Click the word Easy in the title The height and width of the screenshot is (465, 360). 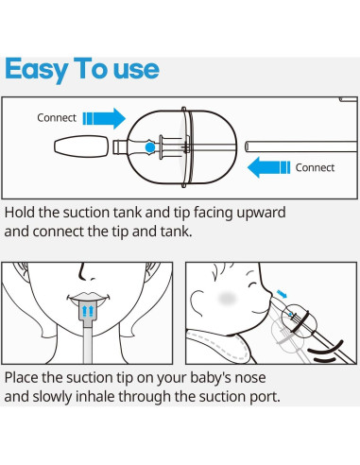tap(39, 69)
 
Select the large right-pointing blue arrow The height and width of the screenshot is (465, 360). tap(103, 118)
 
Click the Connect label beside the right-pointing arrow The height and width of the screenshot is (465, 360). tap(57, 118)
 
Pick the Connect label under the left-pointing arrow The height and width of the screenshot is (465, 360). tap(315, 168)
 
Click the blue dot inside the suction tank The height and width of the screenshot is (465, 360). tap(148, 148)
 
